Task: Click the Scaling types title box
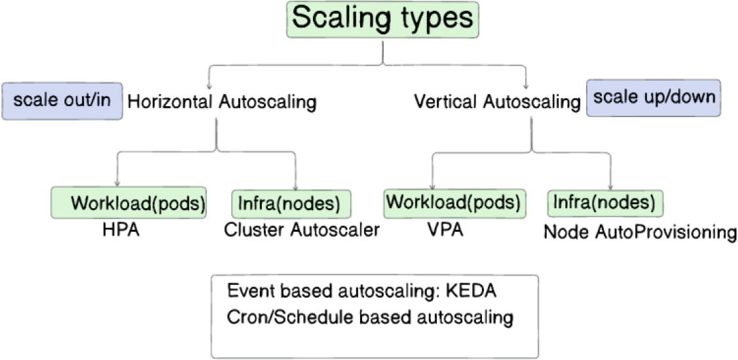[382, 20]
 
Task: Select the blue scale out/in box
[62, 101]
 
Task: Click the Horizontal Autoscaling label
[221, 102]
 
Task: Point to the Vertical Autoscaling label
[497, 102]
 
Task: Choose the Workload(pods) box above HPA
[129, 204]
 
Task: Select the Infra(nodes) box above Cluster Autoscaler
[291, 204]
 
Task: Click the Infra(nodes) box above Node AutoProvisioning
[604, 203]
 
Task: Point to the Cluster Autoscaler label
[301, 230]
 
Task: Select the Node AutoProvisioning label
[640, 232]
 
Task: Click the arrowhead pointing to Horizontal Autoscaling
[208, 86]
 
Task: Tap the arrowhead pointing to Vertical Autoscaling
[526, 86]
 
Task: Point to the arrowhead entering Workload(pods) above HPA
[117, 184]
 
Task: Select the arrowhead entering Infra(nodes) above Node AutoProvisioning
[611, 186]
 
